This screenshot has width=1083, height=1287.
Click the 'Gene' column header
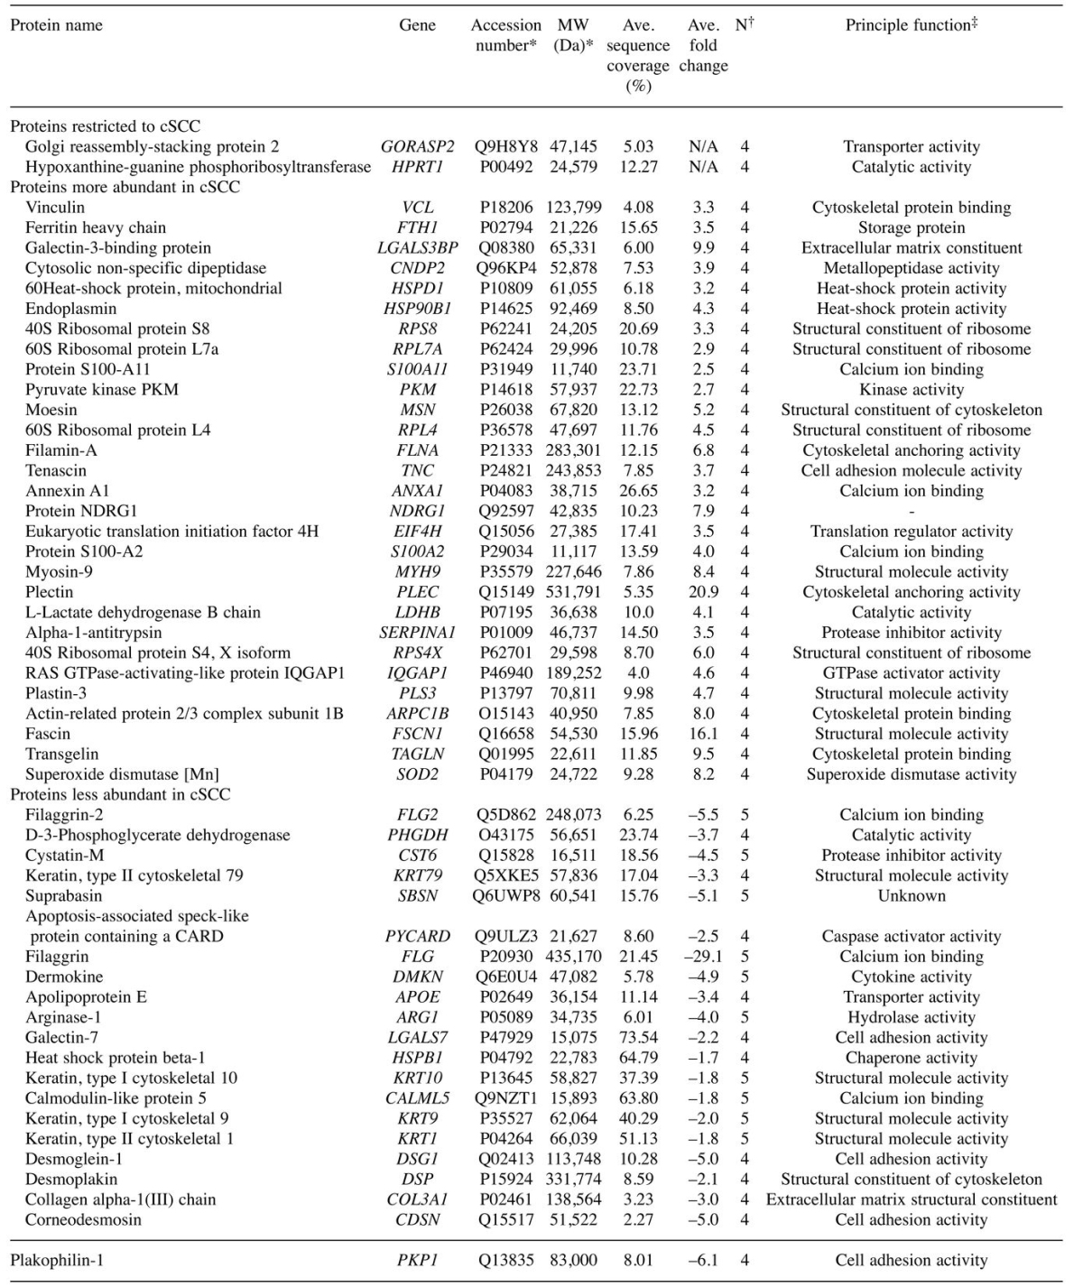417,25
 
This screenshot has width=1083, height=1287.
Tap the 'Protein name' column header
56,25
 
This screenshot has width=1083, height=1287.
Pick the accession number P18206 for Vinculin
506,208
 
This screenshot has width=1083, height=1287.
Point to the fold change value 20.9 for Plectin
703,592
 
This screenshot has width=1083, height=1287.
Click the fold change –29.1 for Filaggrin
703,957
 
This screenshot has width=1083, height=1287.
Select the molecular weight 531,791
573,592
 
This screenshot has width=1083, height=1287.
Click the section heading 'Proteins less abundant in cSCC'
120,794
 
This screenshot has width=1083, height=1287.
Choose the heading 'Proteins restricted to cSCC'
105,126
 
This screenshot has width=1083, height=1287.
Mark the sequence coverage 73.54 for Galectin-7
639,1038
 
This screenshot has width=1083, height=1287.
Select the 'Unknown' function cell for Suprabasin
912,896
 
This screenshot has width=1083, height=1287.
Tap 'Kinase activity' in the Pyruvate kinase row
912,390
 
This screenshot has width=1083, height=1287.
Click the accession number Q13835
506,1260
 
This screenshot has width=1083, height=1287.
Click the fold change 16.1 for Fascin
703,734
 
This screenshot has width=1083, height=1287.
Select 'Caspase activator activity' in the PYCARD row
912,937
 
